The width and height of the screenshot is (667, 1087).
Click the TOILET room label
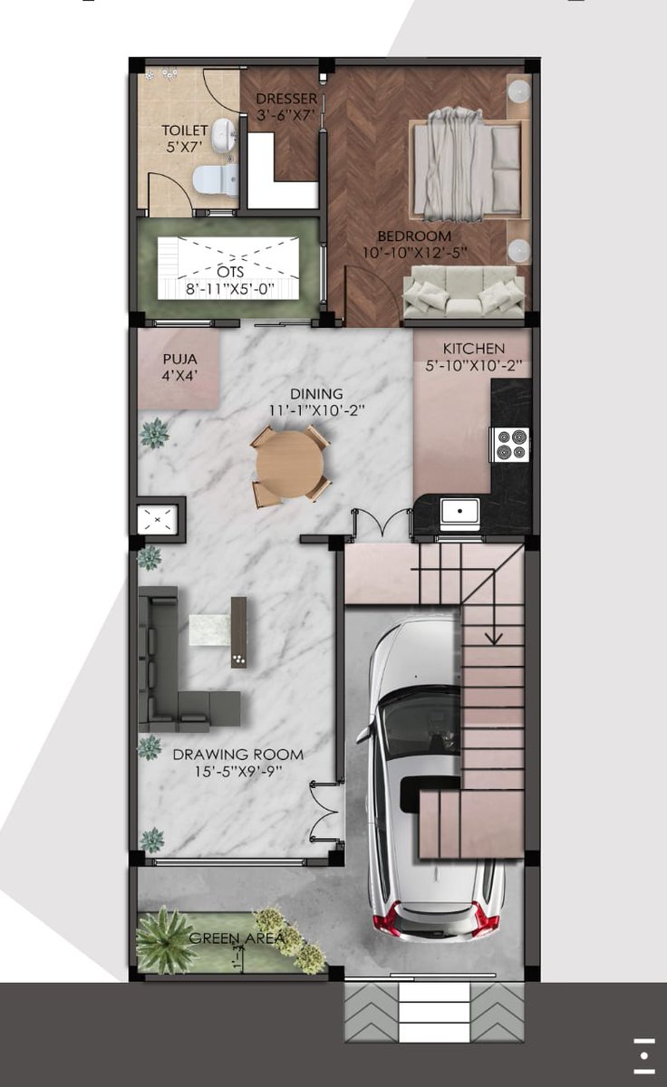[185, 130]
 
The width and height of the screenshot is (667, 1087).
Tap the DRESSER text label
[286, 99]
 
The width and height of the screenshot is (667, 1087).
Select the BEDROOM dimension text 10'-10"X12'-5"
[414, 253]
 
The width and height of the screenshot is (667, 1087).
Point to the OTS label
[230, 271]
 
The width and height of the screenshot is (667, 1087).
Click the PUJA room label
[179, 360]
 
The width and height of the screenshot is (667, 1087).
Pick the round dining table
[290, 465]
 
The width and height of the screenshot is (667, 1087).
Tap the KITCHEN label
[474, 349]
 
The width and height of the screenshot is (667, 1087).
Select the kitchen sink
[459, 514]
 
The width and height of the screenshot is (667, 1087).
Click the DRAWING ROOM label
[238, 755]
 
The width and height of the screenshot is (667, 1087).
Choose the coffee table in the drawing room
[210, 630]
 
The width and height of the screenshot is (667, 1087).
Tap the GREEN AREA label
[237, 938]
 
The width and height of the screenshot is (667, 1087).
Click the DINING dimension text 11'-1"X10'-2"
[317, 410]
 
